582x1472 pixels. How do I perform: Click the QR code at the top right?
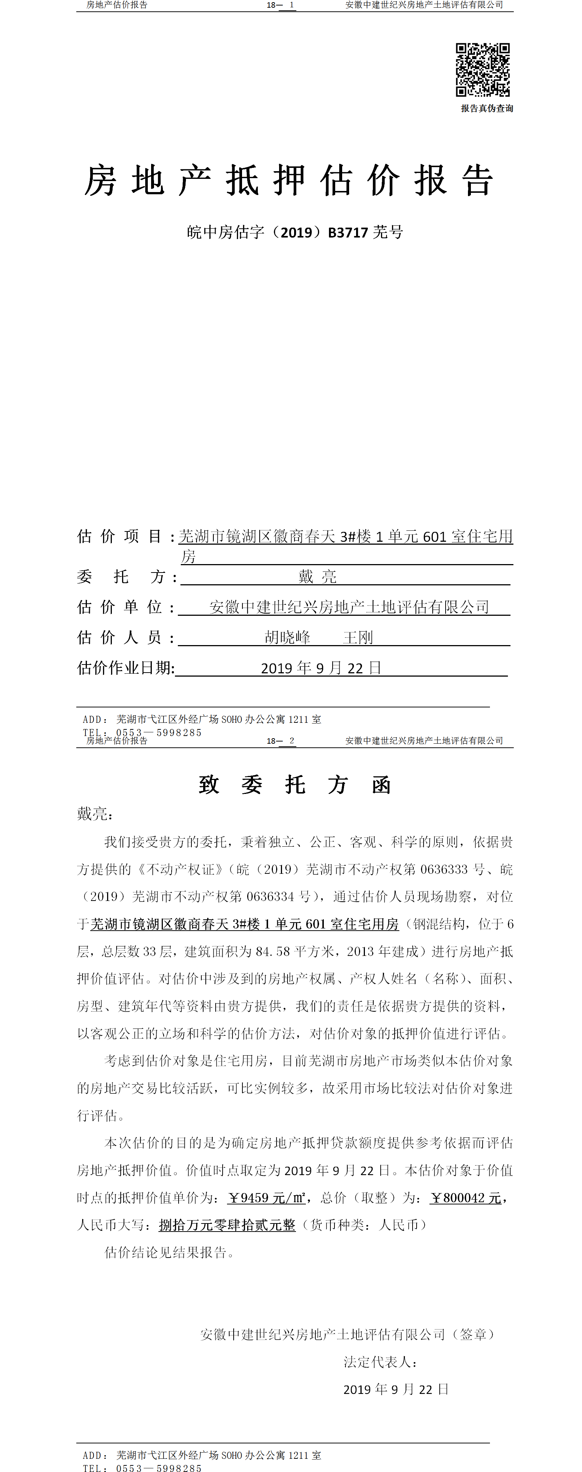[x=483, y=70]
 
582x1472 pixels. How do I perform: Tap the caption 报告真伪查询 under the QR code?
[x=487, y=108]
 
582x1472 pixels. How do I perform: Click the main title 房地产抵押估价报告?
[x=289, y=181]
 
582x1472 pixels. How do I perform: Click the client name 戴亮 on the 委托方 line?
[x=317, y=577]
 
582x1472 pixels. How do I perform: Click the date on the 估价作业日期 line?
[x=321, y=668]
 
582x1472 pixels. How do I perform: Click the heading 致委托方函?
[x=294, y=785]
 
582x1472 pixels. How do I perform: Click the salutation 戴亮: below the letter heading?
[x=95, y=814]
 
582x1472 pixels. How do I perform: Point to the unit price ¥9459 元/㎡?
[x=266, y=1198]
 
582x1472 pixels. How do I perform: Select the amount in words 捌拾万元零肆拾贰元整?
[x=227, y=1225]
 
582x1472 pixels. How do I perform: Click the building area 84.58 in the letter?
[x=273, y=952]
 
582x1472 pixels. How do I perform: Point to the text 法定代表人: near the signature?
[x=380, y=1362]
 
